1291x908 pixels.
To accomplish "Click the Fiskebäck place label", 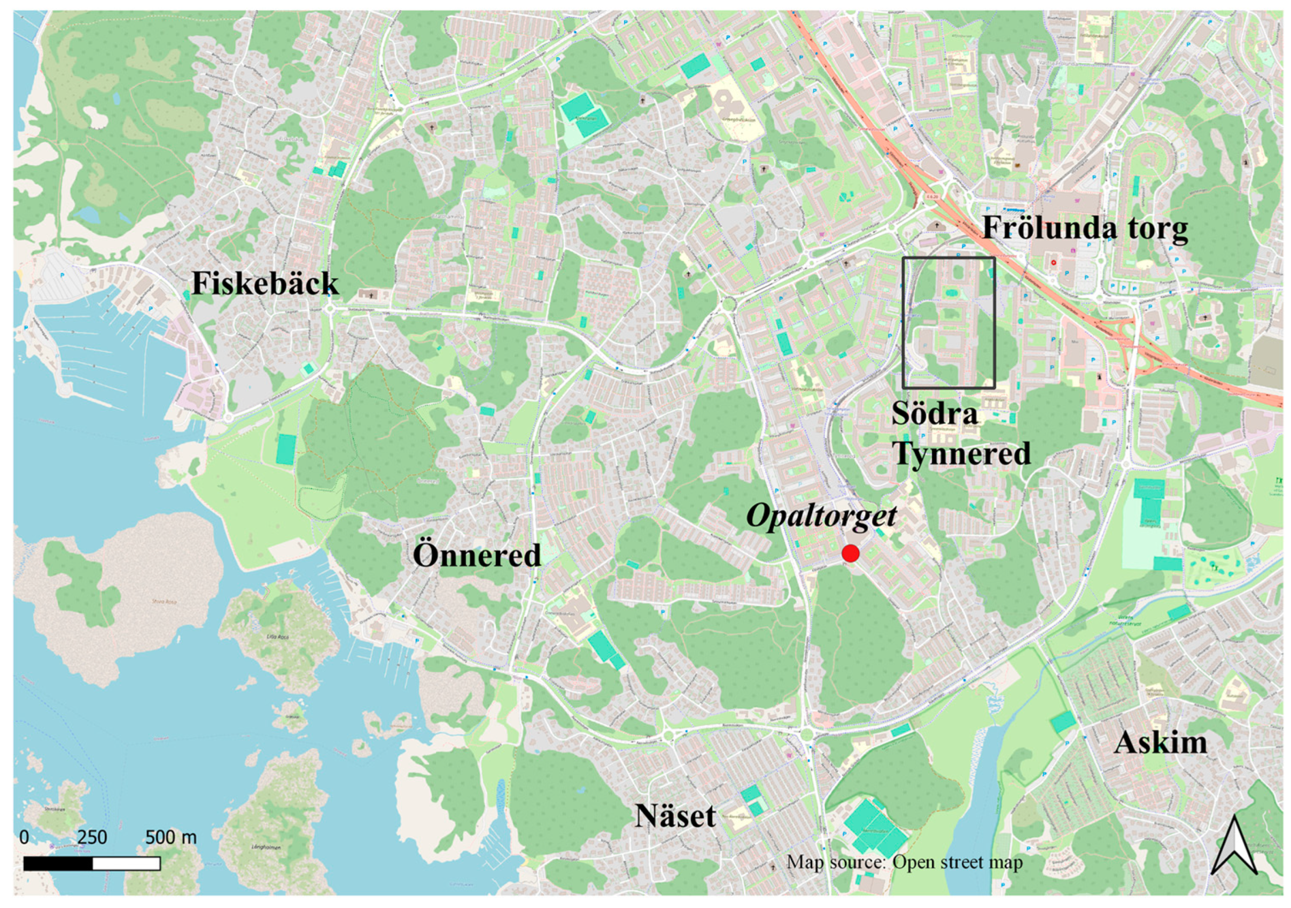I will click(x=265, y=283).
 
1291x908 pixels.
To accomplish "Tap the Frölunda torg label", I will click(x=1085, y=229).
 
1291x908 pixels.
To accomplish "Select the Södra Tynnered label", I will click(x=961, y=434).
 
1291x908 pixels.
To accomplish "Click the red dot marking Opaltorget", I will click(x=850, y=553).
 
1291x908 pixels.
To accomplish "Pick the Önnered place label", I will click(x=477, y=555).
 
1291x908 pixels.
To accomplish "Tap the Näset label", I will click(x=675, y=817).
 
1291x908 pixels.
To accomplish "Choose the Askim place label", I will click(x=1161, y=743).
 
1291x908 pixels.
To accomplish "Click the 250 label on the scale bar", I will click(x=92, y=837).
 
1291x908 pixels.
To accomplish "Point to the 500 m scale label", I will click(x=171, y=837).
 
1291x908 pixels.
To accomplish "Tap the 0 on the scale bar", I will click(x=24, y=837).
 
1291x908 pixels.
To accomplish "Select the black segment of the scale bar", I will click(x=58, y=864).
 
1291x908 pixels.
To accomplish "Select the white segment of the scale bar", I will click(x=127, y=864).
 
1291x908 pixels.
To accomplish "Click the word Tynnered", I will click(x=961, y=453).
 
